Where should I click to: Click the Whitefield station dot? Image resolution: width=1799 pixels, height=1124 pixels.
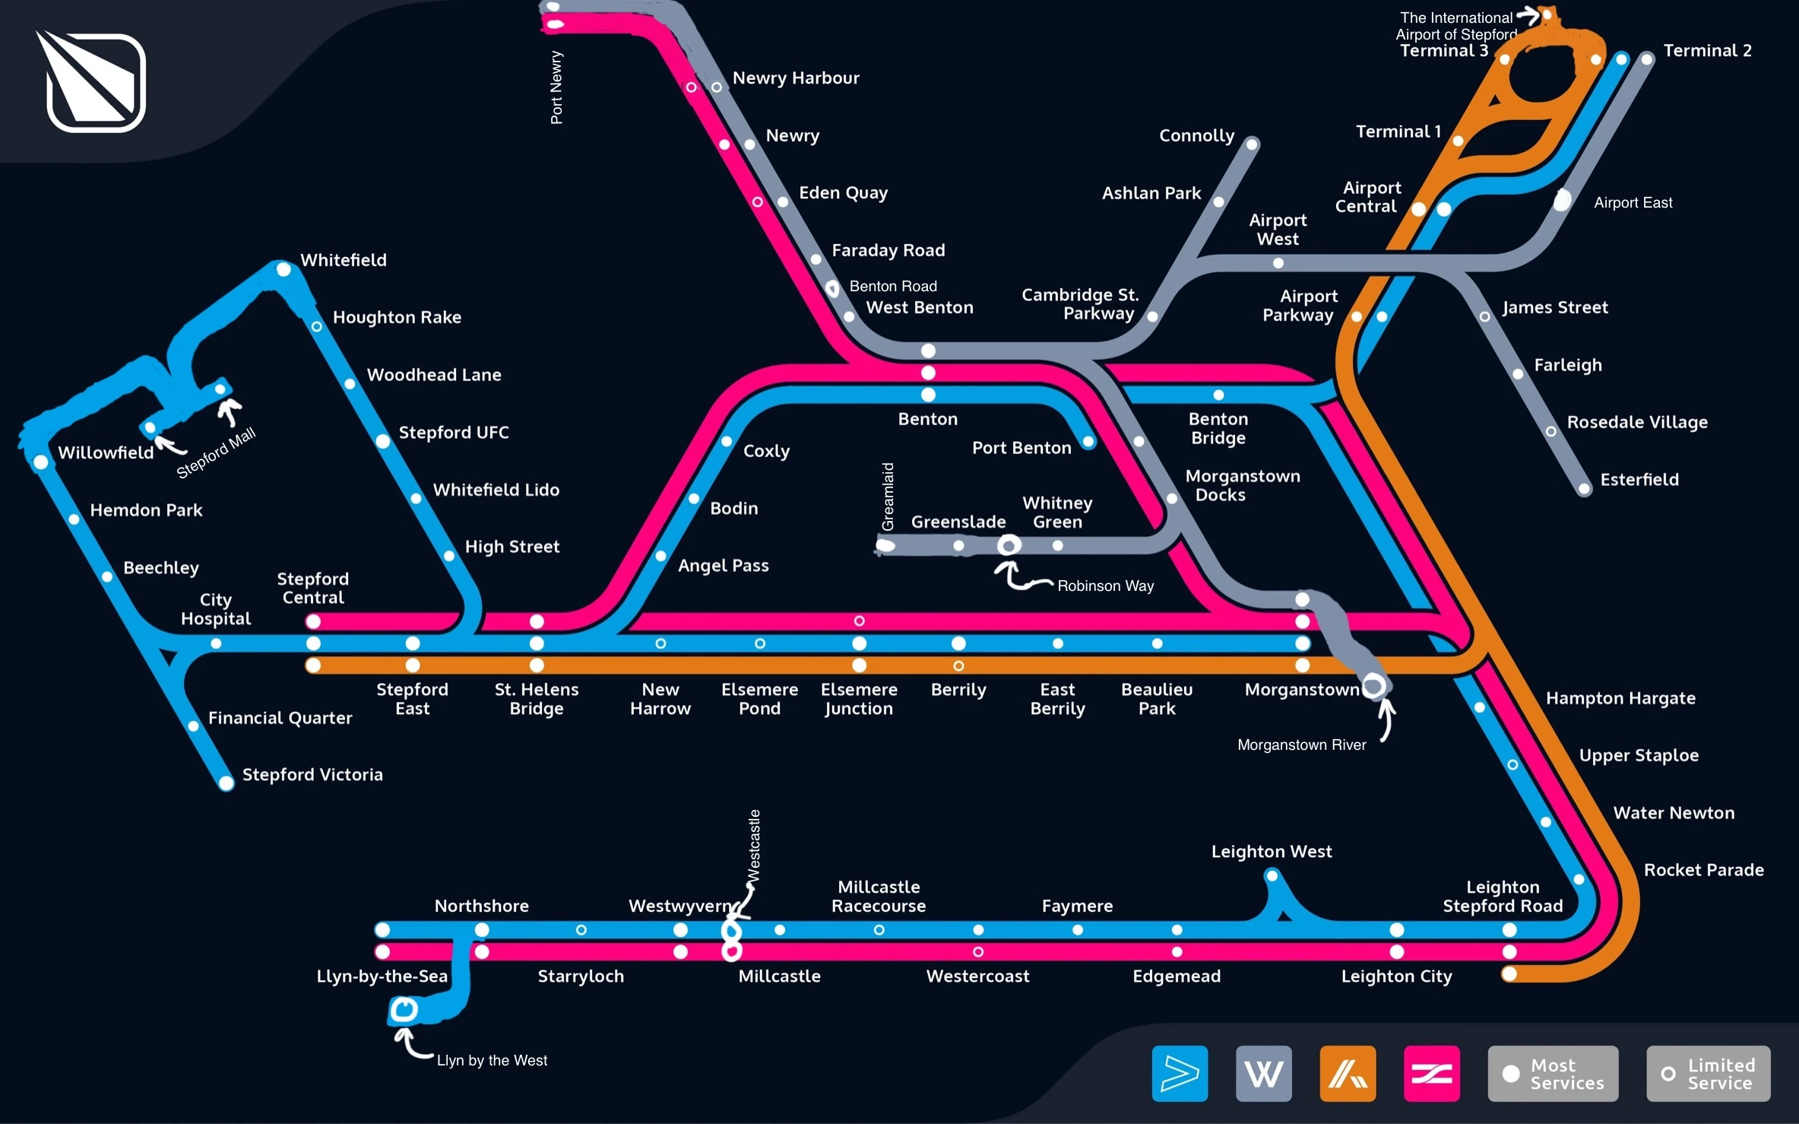pos(283,269)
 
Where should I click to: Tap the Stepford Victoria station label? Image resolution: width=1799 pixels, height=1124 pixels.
pos(312,775)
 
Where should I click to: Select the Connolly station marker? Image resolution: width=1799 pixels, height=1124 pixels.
pos(1253,144)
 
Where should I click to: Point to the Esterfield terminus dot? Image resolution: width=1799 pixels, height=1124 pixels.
pos(1584,489)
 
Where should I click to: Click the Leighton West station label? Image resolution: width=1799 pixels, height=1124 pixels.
pos(1271,852)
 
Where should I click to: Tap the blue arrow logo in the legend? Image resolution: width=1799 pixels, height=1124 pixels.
pos(1180,1074)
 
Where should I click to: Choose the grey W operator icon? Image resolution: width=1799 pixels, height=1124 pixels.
pos(1263,1074)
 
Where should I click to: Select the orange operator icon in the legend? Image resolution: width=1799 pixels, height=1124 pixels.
pos(1348,1074)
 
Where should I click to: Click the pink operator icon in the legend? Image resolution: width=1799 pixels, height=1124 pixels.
pos(1431,1074)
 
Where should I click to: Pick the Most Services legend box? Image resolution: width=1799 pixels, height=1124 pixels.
pos(1553,1074)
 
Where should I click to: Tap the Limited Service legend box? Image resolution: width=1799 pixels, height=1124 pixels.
pos(1708,1074)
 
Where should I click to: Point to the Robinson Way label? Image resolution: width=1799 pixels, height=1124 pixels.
pos(1105,586)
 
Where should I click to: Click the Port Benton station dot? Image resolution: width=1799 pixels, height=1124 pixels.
pos(1088,442)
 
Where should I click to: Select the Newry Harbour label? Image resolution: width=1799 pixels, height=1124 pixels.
pos(796,78)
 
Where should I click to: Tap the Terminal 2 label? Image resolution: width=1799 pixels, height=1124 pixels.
pos(1707,51)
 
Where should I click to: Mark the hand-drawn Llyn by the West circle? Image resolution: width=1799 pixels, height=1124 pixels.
pos(404,1010)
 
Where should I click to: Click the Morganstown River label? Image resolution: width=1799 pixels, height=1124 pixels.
pos(1301,745)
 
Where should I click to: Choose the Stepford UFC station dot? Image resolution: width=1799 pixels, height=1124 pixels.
pos(383,442)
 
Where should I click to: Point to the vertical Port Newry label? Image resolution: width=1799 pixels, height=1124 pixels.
pos(556,87)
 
